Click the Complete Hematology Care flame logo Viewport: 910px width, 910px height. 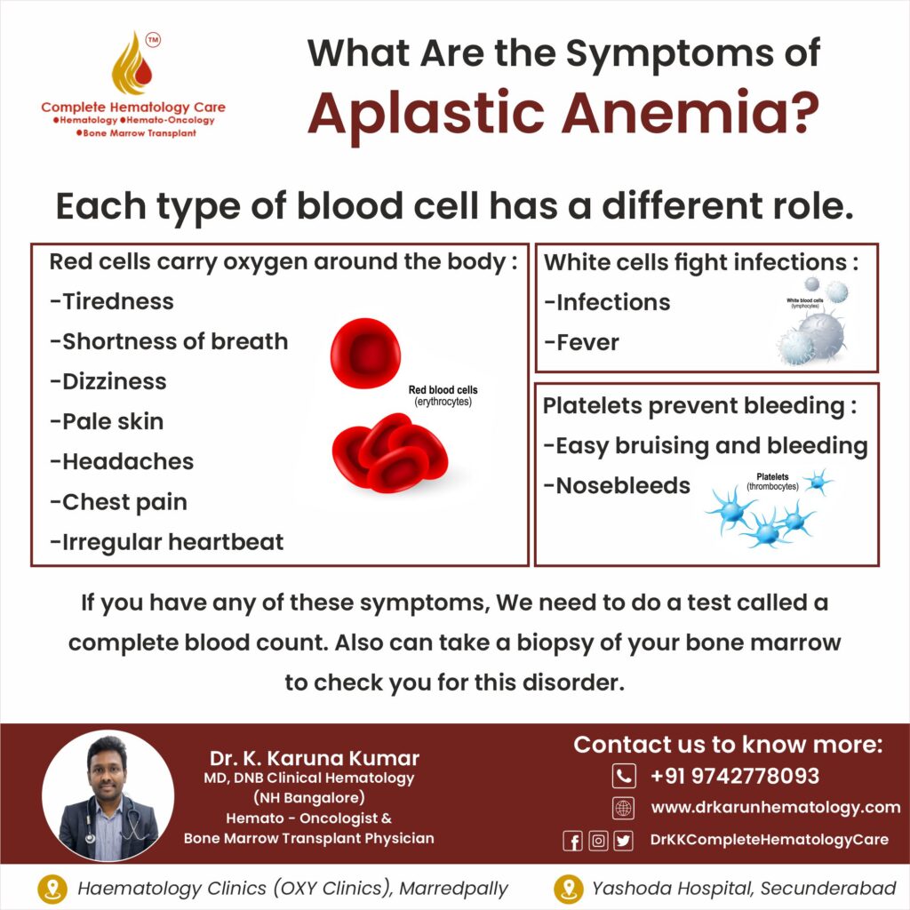132,64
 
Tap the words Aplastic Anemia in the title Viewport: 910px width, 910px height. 563,113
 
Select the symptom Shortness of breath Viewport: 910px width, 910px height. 169,341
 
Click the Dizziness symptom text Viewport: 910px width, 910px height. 108,381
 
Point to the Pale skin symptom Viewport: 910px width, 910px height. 107,421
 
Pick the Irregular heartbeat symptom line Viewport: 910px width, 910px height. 167,542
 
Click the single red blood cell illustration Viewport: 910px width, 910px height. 365,353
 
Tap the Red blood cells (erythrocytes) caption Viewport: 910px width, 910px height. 443,395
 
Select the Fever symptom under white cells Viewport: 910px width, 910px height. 581,342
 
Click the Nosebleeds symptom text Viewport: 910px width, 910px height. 617,486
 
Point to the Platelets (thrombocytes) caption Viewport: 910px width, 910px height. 772,482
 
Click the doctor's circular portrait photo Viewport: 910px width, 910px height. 108,795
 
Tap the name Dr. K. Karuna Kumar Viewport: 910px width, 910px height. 315,758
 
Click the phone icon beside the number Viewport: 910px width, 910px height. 624,776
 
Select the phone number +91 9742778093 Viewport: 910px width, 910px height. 735,776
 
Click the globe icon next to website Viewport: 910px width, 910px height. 624,808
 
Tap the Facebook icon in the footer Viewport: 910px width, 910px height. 573,841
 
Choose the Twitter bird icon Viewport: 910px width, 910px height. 623,841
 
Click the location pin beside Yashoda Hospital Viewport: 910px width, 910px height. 568,889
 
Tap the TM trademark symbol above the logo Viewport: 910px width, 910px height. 153,39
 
